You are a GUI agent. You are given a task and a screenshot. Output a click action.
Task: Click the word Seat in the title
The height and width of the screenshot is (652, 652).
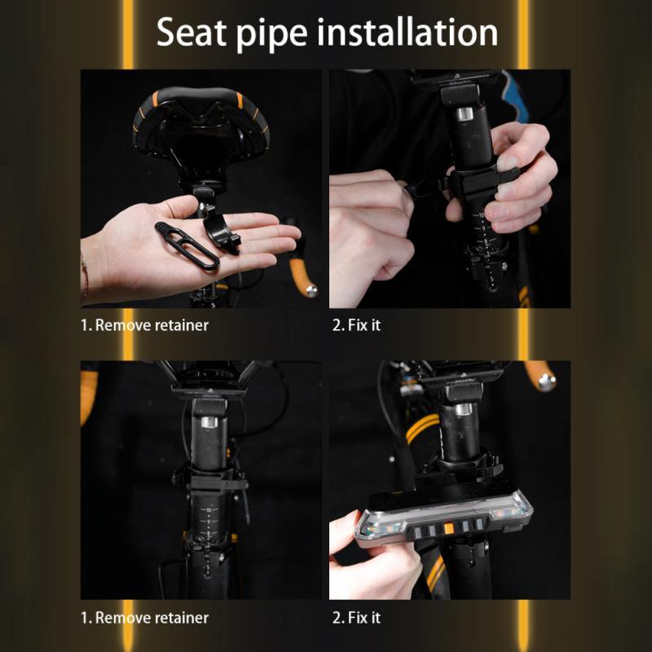(191, 33)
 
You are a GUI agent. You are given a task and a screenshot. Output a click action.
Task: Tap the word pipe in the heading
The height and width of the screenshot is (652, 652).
(272, 35)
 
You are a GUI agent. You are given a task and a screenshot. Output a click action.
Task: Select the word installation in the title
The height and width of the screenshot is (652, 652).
(407, 32)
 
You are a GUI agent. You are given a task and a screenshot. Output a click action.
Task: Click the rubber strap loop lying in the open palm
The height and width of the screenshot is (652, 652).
(187, 245)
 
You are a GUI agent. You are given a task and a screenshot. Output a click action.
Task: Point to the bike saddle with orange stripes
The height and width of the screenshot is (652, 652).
(201, 125)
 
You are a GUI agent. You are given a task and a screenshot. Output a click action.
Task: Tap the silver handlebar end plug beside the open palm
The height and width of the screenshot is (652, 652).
(311, 290)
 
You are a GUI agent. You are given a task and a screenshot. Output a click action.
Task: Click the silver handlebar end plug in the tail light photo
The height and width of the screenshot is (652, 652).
(546, 381)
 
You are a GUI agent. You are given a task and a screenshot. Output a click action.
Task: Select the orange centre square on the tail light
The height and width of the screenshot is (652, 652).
(448, 528)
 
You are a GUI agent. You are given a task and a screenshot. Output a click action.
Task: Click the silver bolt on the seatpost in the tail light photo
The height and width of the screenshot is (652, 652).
(463, 409)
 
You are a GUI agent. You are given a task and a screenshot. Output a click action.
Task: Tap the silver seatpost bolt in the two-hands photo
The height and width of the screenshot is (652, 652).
(465, 113)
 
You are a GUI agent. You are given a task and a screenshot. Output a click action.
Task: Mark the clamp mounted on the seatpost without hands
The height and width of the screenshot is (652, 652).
(210, 479)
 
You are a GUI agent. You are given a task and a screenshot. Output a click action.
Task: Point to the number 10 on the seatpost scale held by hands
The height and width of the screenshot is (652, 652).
(482, 215)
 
